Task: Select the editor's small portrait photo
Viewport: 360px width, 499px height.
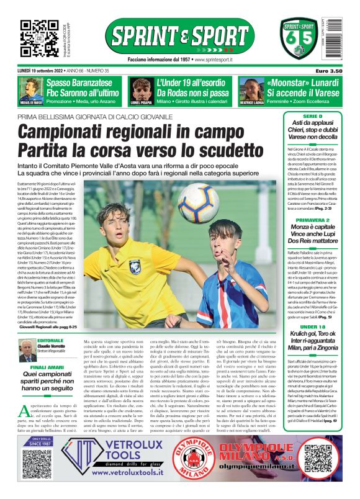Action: coord(27,351)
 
